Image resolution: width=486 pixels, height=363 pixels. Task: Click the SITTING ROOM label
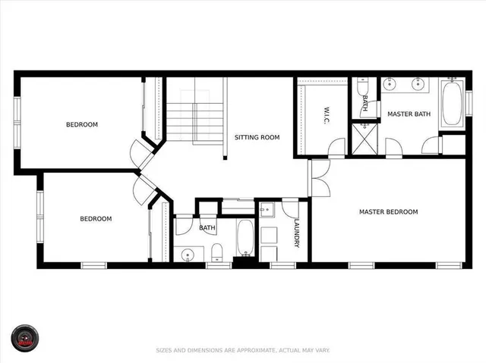point(257,137)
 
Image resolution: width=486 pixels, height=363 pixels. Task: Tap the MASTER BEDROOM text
point(388,211)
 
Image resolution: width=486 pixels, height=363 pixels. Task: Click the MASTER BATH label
point(409,114)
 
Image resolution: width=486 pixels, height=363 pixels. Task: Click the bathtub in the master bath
point(453,104)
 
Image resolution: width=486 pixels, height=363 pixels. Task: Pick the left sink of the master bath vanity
point(390,84)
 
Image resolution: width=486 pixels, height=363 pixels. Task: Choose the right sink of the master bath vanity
point(418,84)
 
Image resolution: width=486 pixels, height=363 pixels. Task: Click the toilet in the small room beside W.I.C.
point(364,87)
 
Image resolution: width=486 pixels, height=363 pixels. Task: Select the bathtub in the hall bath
point(245,237)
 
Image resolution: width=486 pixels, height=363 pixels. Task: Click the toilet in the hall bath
point(216,251)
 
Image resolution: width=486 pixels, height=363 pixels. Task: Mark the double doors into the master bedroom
point(318,178)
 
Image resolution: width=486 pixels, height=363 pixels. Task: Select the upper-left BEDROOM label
point(81,124)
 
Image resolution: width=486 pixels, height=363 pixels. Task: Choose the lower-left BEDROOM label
point(96,219)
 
